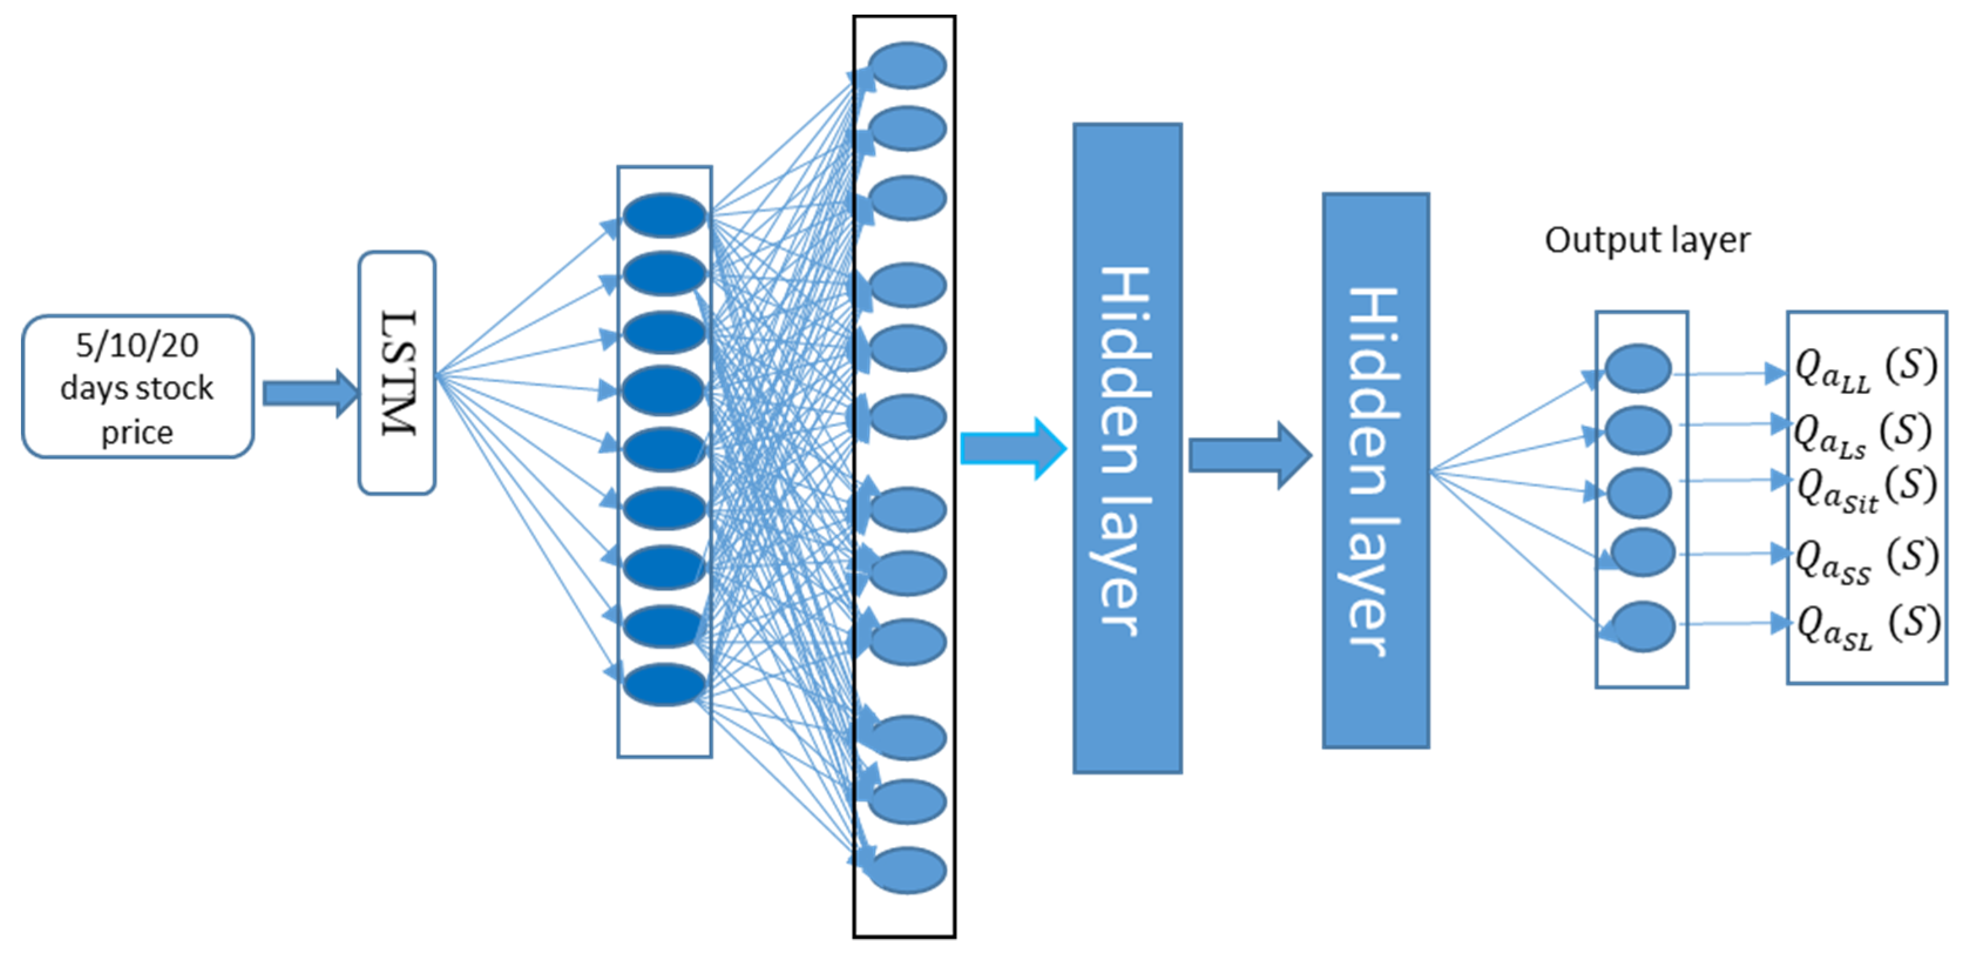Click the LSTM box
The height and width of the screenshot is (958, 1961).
(x=397, y=373)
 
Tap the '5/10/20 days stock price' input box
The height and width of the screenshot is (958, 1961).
(x=138, y=386)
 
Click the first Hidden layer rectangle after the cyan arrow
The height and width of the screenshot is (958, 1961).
(x=1127, y=449)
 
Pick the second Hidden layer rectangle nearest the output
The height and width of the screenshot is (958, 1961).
(x=1375, y=470)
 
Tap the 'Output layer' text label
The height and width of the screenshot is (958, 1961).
(x=1647, y=240)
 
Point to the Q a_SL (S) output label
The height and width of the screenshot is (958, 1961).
(x=1867, y=626)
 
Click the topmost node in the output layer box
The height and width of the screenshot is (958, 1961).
(x=1638, y=368)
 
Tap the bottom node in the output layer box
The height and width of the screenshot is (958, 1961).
(x=1643, y=626)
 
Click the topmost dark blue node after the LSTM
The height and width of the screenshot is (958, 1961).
(x=664, y=215)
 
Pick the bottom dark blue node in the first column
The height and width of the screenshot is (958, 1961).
(x=664, y=683)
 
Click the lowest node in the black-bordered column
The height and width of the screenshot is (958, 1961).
(x=907, y=869)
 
